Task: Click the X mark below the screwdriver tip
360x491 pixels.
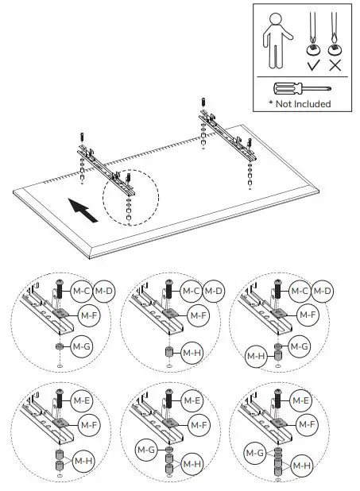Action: (339, 64)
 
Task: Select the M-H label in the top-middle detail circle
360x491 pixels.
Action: (192, 352)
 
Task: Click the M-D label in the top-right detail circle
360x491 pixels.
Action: (322, 292)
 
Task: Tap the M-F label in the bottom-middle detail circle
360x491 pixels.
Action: (199, 425)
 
